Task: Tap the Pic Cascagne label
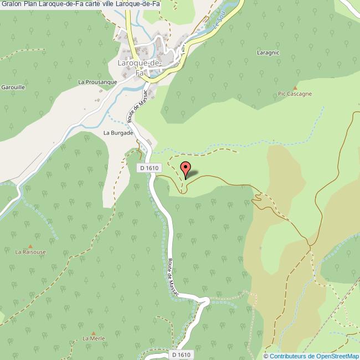(295, 94)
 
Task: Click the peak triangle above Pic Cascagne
(295, 88)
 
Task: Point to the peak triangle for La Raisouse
(30, 245)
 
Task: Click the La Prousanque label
(97, 82)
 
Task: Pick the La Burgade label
(119, 133)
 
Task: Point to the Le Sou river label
(218, 23)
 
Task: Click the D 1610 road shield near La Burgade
(150, 168)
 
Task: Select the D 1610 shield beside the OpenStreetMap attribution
(181, 354)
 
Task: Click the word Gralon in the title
(12, 4)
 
